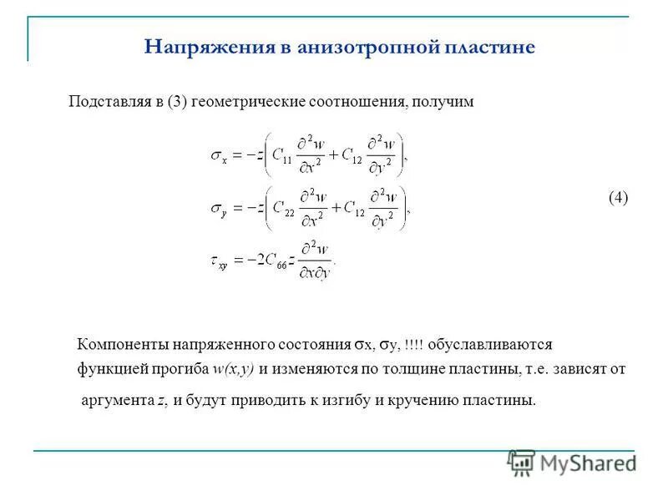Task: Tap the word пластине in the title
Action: (x=488, y=47)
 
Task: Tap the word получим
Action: (x=443, y=102)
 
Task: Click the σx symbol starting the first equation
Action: (x=219, y=155)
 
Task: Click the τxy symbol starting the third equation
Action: (x=219, y=262)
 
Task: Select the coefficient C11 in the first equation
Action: (x=282, y=155)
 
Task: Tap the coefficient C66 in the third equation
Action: (x=269, y=262)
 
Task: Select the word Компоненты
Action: (x=123, y=344)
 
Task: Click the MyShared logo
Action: (x=572, y=463)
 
